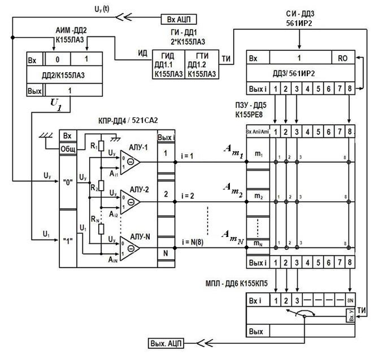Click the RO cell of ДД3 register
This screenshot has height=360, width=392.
[345, 57]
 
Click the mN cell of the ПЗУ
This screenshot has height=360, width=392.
[259, 243]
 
